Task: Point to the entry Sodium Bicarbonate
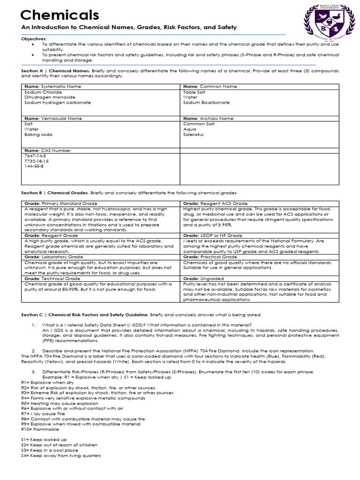click(206, 102)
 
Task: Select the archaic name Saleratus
click(195, 134)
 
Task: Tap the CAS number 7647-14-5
click(36, 156)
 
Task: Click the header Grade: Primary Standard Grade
click(60, 203)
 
